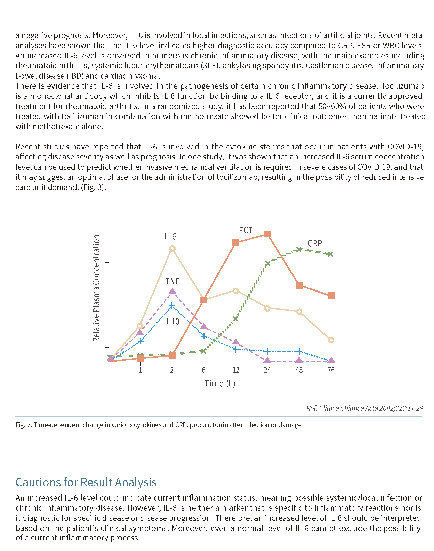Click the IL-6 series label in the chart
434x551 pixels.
coord(170,237)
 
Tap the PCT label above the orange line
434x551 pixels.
coord(246,230)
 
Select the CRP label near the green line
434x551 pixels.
coord(315,243)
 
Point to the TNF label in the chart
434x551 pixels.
coord(172,281)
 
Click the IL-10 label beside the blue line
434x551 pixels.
coord(171,322)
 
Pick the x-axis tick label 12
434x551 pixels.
coord(236,370)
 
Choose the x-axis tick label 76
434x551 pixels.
coord(331,370)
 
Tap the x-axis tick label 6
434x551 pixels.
coord(203,370)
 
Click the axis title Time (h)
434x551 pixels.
coord(220,383)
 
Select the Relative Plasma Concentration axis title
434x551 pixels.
coord(96,288)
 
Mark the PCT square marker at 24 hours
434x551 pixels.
coord(267,234)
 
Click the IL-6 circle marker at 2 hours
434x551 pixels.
coord(172,248)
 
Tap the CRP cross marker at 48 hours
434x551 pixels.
coord(299,249)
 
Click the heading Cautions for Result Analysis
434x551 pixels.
coord(86,482)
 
